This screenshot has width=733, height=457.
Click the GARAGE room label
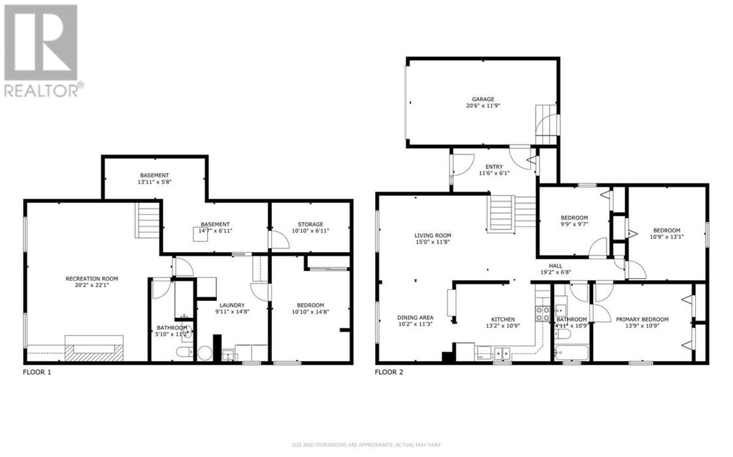[x=483, y=99]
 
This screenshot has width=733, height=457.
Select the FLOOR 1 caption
[x=38, y=373]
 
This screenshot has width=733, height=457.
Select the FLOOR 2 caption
[x=389, y=373]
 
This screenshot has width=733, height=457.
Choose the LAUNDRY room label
[x=232, y=305]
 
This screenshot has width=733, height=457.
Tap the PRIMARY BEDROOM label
[x=642, y=319]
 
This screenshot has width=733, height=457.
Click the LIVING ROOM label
[x=432, y=236]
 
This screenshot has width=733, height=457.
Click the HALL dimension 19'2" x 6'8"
[x=556, y=273]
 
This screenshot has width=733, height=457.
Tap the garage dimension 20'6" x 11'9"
[x=483, y=106]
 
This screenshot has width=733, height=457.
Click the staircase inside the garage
[x=547, y=123]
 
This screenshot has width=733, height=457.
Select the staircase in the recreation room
[x=148, y=221]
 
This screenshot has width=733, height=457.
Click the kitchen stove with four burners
[x=543, y=313]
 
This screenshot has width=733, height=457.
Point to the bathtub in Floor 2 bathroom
[x=571, y=353]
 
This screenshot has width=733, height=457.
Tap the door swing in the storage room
[x=280, y=240]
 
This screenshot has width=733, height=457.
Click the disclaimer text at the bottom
[x=366, y=445]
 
